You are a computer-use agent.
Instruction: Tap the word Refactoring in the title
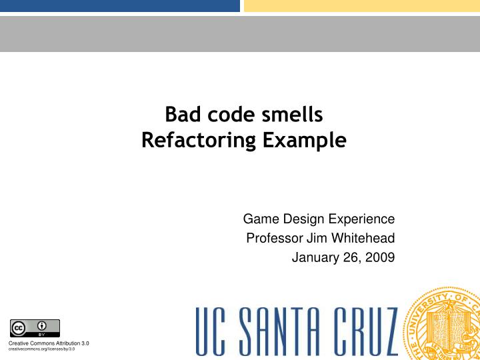199,141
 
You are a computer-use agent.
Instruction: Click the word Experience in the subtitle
360,219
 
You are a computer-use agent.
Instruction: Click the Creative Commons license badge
35,328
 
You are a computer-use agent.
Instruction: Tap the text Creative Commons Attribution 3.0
48,343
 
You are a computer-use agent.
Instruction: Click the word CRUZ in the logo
364,331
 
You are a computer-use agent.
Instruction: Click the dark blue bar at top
119,6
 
